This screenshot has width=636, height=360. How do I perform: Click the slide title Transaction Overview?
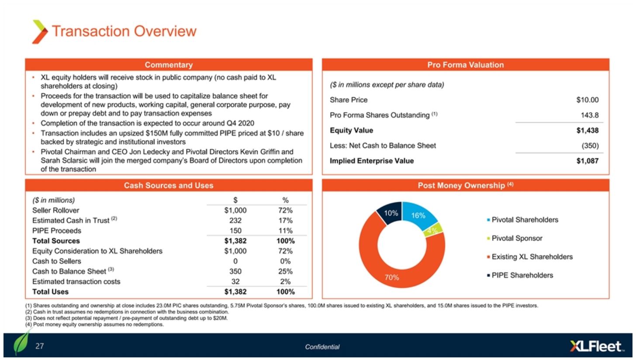point(124,31)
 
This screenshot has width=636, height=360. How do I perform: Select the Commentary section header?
point(169,65)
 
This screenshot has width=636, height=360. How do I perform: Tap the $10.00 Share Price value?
point(587,100)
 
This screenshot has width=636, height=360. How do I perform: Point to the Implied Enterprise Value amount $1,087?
point(587,161)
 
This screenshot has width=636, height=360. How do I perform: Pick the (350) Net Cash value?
point(590,145)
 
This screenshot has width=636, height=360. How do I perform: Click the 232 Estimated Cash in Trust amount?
point(235,221)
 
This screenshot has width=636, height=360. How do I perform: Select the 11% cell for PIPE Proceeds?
point(286,231)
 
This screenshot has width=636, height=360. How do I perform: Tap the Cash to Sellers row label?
point(57,261)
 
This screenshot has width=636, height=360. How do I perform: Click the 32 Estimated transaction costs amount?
point(235,282)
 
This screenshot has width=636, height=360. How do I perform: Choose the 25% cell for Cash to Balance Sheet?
point(286,271)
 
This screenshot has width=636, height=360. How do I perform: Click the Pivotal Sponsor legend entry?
point(517,239)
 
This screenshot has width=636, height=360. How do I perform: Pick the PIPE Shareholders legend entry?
point(522,275)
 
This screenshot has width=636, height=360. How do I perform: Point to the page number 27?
point(40,346)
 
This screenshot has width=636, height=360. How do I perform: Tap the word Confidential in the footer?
point(322,347)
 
